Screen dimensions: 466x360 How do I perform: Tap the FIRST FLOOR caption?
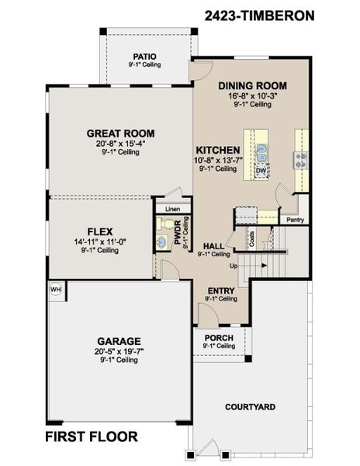tap(92, 436)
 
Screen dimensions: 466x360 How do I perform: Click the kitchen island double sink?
tap(261, 150)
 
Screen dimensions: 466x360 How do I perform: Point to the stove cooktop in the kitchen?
tap(299, 159)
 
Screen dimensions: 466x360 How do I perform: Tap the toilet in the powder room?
tap(164, 224)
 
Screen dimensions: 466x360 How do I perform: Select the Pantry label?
tap(295, 220)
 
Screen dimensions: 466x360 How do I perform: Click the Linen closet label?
tap(171, 209)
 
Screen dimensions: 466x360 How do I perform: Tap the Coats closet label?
tap(251, 238)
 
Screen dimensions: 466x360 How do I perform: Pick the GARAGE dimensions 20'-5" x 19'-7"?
tap(119, 351)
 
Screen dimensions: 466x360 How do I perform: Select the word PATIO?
tap(144, 56)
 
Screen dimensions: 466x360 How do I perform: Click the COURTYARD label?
tap(250, 407)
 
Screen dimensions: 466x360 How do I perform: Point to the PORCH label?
tap(219, 338)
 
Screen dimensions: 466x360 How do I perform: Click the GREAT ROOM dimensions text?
tap(120, 143)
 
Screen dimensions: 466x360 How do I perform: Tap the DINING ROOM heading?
tap(252, 85)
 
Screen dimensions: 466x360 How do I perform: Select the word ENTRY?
tap(220, 290)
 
